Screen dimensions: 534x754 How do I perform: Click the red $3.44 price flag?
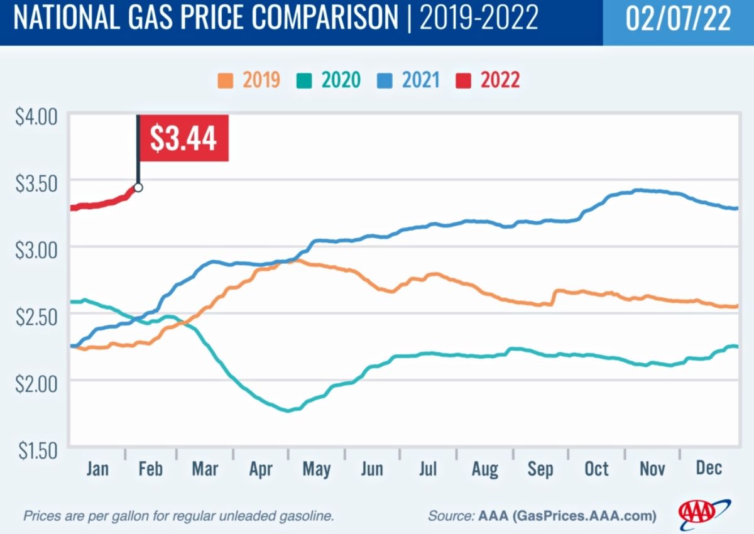tap(183, 138)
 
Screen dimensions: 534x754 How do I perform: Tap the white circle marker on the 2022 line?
tap(138, 187)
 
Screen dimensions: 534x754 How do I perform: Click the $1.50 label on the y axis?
tap(36, 451)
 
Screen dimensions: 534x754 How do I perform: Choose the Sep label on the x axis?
tap(540, 469)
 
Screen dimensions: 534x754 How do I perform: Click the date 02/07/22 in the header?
tap(678, 20)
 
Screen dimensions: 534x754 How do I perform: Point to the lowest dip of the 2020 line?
tap(288, 411)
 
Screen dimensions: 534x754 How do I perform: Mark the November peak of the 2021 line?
tap(638, 190)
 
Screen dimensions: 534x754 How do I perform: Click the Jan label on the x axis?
tap(97, 469)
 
